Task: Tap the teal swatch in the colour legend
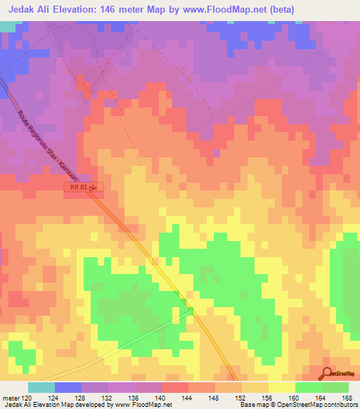41,387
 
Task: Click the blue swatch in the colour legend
67,387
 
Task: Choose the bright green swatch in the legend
308,387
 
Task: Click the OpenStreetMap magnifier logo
328,372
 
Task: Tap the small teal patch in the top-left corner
7,25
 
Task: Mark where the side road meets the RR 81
191,309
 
